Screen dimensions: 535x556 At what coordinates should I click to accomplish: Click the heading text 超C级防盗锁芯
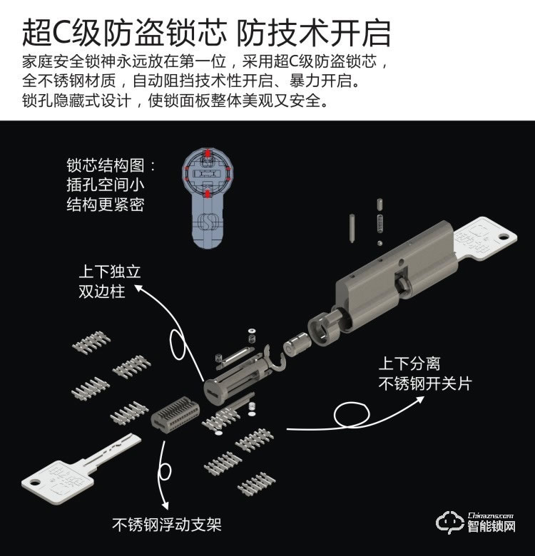[x=125, y=33]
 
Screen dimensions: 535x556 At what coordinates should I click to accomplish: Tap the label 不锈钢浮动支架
[x=167, y=525]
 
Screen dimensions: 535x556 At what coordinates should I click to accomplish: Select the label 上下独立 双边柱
[x=110, y=282]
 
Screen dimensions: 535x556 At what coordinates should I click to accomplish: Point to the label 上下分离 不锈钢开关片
[x=425, y=374]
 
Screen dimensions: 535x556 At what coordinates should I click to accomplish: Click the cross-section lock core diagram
[x=207, y=197]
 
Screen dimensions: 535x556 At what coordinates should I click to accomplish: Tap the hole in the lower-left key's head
[x=35, y=483]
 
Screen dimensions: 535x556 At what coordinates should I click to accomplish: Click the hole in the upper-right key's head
[x=504, y=236]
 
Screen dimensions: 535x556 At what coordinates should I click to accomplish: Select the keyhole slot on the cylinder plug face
[x=215, y=393]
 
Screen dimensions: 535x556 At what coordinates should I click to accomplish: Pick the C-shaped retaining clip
[x=275, y=357]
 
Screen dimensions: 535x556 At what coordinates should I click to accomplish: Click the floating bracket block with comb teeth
[x=175, y=412]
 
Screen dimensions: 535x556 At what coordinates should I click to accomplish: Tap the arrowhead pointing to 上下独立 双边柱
[x=138, y=288]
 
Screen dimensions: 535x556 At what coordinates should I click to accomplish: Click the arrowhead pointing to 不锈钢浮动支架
[x=165, y=505]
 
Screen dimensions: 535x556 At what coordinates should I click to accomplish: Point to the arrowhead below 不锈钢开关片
[x=420, y=400]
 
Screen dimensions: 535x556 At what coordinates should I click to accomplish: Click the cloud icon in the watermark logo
[x=449, y=522]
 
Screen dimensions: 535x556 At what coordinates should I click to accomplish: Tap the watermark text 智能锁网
[x=491, y=526]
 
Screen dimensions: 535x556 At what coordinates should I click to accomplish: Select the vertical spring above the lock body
[x=380, y=224]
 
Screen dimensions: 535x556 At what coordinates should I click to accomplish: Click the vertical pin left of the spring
[x=352, y=227]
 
